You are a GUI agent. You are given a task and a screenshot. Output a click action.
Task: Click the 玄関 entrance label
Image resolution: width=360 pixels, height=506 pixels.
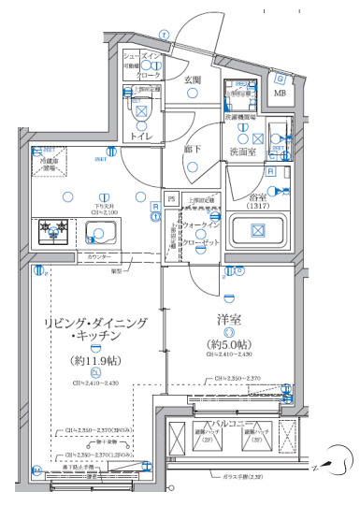tap(193, 80)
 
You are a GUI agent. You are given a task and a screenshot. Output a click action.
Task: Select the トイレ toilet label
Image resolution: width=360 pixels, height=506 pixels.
tap(141, 137)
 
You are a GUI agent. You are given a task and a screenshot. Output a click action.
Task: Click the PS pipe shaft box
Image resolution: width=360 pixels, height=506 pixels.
tap(171, 198)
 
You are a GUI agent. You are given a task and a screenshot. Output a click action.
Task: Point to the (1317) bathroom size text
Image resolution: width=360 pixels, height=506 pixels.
tap(255, 208)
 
